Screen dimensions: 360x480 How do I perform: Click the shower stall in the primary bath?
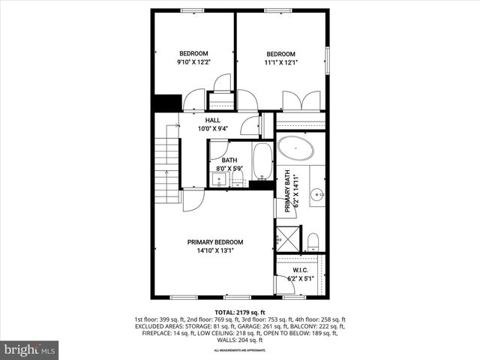(x=286, y=238)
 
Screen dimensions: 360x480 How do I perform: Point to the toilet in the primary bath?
(x=313, y=241)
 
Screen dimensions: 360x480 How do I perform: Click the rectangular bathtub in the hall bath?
(x=262, y=161)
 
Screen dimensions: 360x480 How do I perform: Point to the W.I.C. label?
(x=301, y=270)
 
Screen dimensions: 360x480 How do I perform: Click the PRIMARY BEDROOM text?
(x=215, y=242)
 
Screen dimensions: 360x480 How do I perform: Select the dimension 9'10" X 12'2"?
(x=193, y=62)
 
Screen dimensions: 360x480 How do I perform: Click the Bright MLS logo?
(x=30, y=349)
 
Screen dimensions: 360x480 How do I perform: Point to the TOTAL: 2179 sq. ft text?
(x=240, y=312)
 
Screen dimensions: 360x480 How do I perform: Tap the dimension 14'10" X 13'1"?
(x=215, y=250)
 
